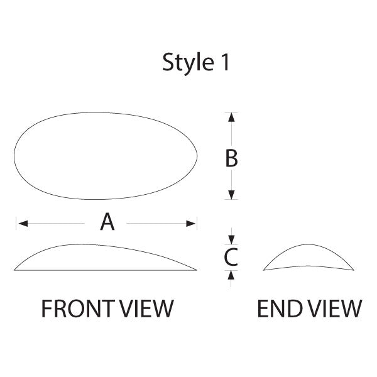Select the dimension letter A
(107, 222)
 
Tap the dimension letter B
(232, 158)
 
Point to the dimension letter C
(231, 256)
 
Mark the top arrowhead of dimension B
(232, 117)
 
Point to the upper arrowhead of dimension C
(232, 239)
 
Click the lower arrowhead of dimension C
(232, 275)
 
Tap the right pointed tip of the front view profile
(196, 270)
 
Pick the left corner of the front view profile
(15, 270)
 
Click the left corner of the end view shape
(264, 270)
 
